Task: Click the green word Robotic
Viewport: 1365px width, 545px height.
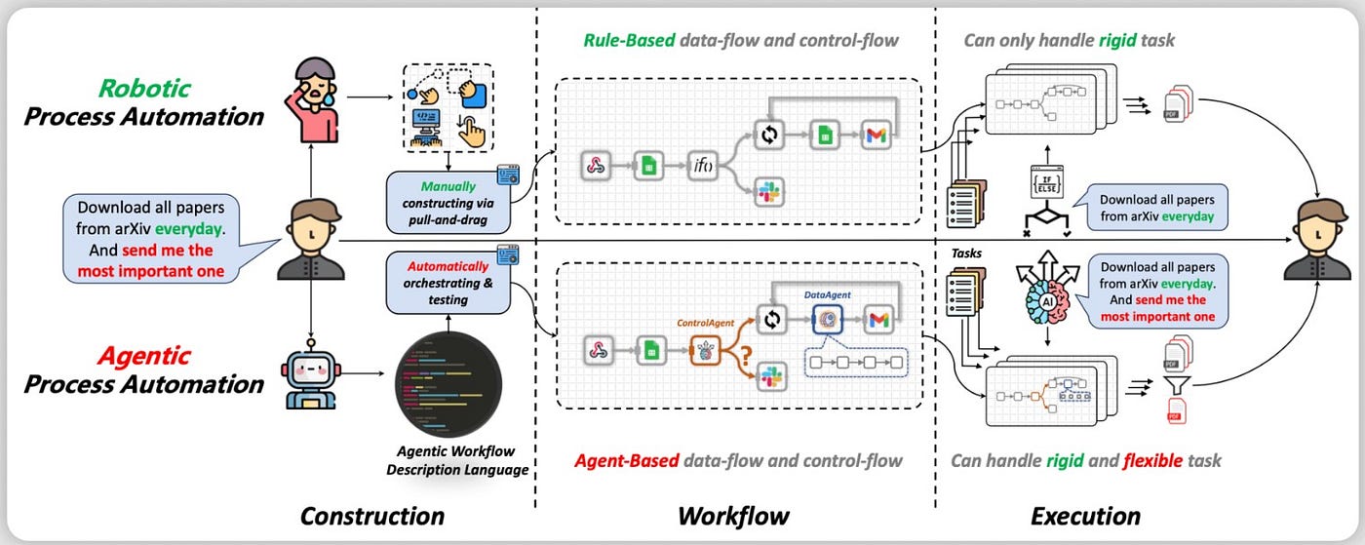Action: coord(143,87)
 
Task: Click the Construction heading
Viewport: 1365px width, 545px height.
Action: coord(371,516)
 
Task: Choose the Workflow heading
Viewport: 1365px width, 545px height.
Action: coord(733,516)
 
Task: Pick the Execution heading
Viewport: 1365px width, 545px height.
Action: coord(1084,516)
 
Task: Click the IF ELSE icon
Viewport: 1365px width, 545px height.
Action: coord(1044,183)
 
